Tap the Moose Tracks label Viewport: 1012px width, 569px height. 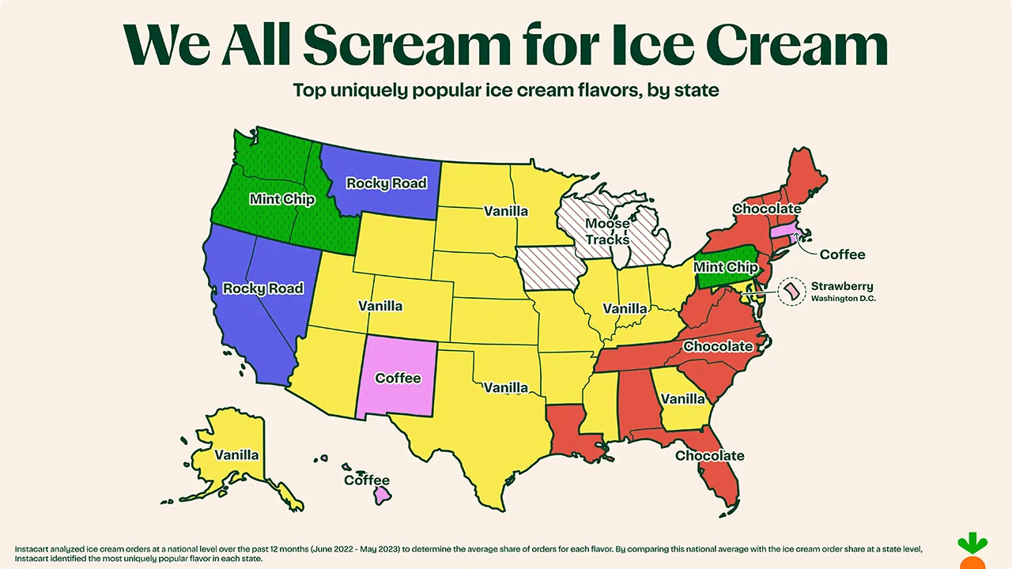tap(607, 232)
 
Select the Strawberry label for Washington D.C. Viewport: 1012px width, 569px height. tap(838, 286)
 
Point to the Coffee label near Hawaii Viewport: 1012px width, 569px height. tap(367, 480)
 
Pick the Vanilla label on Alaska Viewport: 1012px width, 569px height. tap(236, 455)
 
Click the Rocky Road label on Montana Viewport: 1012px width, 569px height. tap(387, 183)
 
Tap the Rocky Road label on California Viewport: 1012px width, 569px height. tap(262, 288)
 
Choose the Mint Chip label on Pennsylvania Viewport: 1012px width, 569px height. tap(725, 267)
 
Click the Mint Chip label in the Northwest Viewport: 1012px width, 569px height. tap(281, 198)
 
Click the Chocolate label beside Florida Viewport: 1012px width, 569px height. tap(709, 455)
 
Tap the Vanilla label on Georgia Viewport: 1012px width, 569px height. tap(682, 400)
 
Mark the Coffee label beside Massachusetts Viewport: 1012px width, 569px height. tap(842, 254)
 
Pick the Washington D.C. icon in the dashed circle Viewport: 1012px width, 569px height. tap(790, 292)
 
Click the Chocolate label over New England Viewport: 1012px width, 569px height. tap(767, 209)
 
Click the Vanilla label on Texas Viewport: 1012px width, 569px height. tap(506, 387)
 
